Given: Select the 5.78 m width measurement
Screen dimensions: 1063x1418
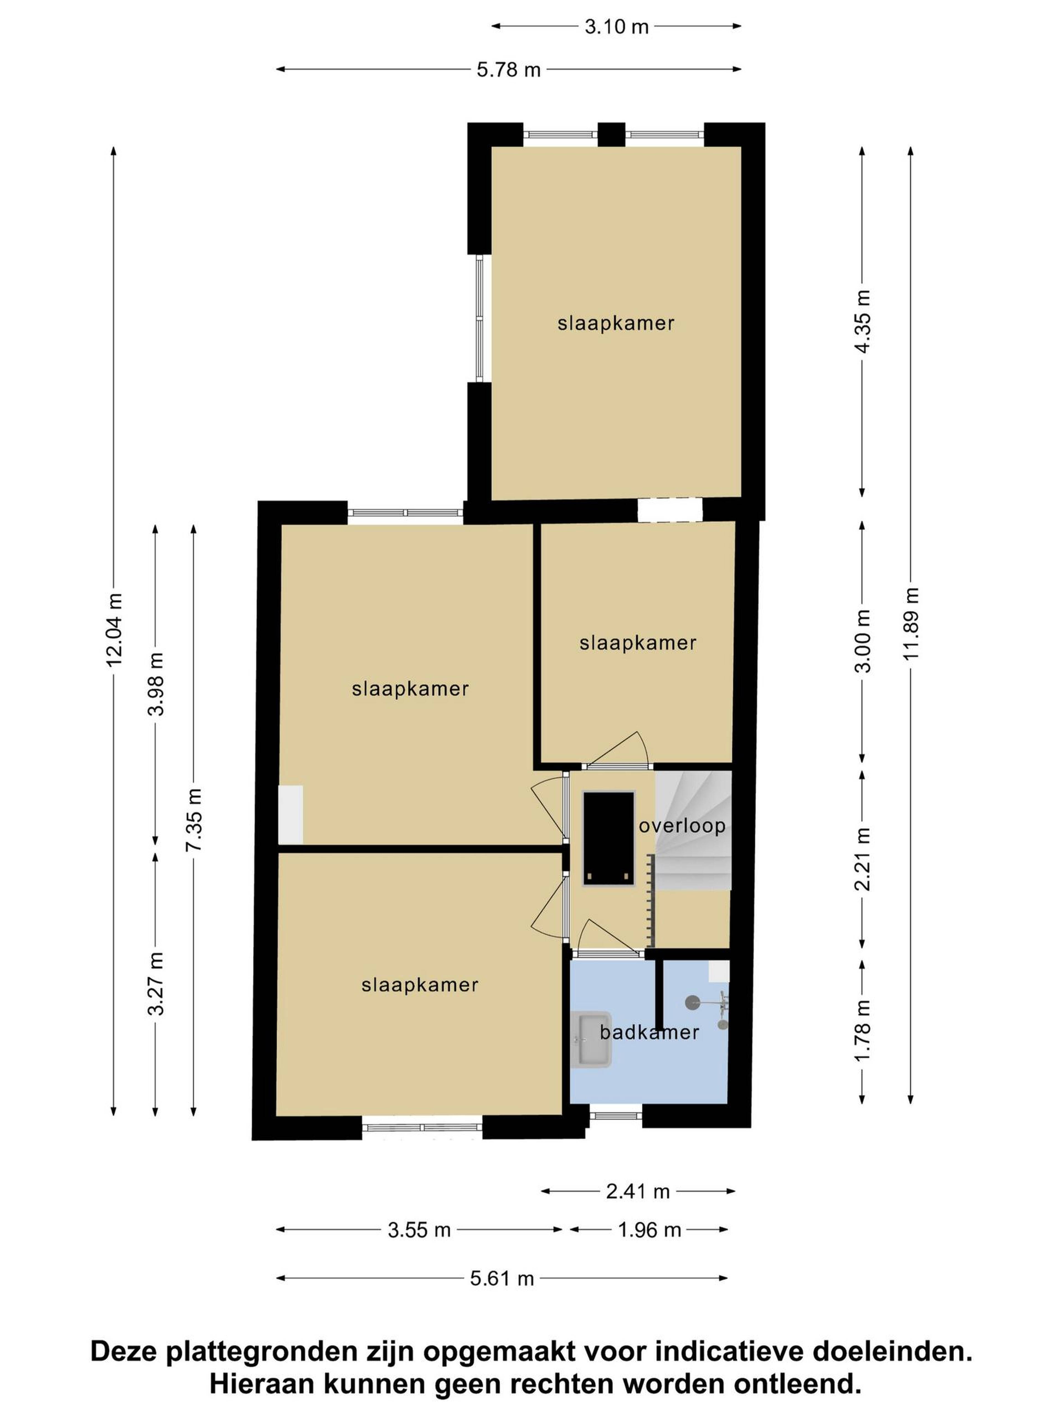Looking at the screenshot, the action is pyautogui.click(x=509, y=69).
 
